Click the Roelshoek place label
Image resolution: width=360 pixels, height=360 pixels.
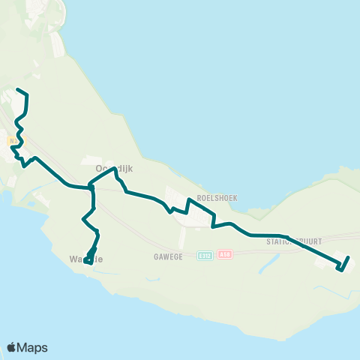click(217, 198)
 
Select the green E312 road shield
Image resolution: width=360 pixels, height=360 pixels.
click(204, 256)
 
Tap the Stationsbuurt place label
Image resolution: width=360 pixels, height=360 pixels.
click(293, 242)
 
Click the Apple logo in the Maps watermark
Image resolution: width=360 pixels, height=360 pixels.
click(12, 347)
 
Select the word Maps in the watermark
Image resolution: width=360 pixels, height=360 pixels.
click(33, 347)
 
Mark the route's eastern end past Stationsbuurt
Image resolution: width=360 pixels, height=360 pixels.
click(349, 258)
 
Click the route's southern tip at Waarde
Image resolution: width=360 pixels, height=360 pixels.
click(86, 262)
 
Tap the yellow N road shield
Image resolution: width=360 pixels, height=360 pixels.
click(13, 139)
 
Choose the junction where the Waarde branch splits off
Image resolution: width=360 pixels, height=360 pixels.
click(91, 188)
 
